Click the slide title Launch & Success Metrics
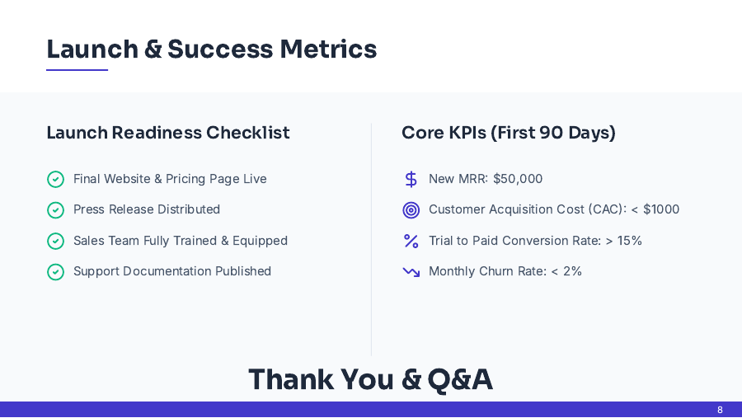tap(211, 49)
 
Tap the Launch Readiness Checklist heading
tap(168, 133)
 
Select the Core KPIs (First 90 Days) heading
tap(509, 133)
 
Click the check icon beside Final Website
tap(55, 179)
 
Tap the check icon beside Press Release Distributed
tap(55, 210)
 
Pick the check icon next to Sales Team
tap(55, 241)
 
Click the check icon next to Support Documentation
tap(55, 272)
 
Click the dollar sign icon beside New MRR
tap(411, 179)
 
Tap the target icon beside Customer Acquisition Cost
tap(411, 210)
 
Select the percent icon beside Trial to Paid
tap(411, 241)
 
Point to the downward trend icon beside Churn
tap(411, 272)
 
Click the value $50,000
tap(518, 179)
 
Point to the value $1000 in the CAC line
tap(661, 209)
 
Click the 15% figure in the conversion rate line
tap(630, 241)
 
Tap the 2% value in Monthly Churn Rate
tap(572, 271)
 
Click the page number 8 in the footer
tap(720, 410)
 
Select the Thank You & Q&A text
tap(370, 379)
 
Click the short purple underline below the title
tap(77, 70)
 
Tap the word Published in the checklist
tap(243, 271)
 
